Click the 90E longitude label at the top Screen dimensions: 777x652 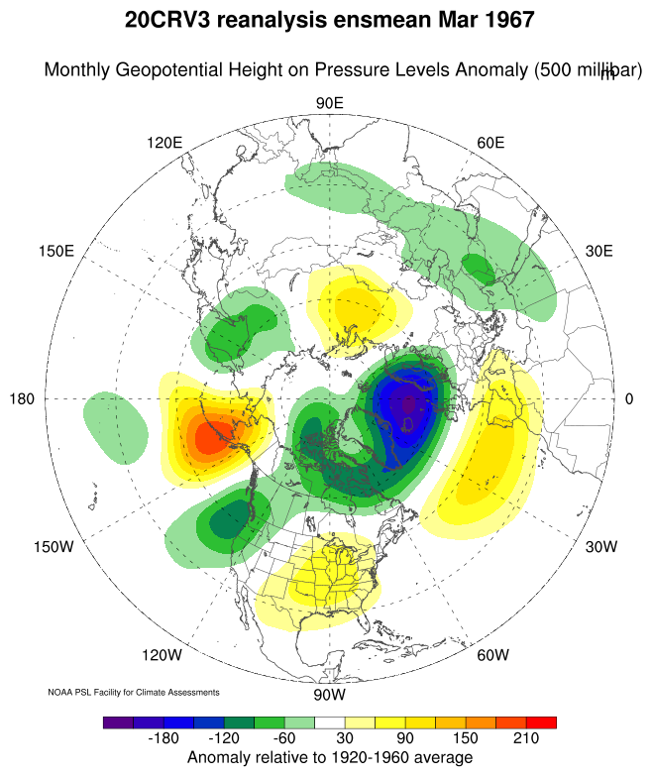[x=329, y=104]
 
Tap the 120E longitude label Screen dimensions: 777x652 [x=164, y=143]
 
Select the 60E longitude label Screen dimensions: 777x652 [x=492, y=143]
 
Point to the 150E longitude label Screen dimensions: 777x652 [x=56, y=251]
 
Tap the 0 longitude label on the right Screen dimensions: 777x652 [x=629, y=398]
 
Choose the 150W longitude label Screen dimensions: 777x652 [x=55, y=547]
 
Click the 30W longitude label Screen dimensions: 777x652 [x=601, y=547]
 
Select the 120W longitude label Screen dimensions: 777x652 [x=162, y=655]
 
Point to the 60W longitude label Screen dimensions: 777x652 [x=492, y=655]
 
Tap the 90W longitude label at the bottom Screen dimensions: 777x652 [x=329, y=694]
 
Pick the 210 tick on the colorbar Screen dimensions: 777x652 [x=527, y=739]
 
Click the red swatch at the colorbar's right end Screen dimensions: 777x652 [x=541, y=722]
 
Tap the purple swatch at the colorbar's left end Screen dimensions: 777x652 [x=117, y=722]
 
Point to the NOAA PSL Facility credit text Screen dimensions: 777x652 [x=134, y=692]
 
